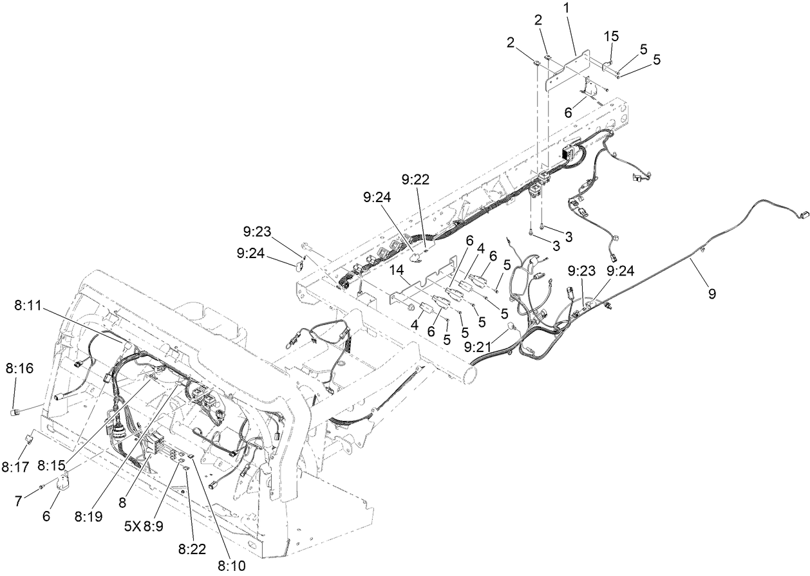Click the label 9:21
pyautogui.click(x=477, y=346)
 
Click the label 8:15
pyautogui.click(x=51, y=465)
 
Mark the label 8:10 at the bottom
pyautogui.click(x=231, y=566)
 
